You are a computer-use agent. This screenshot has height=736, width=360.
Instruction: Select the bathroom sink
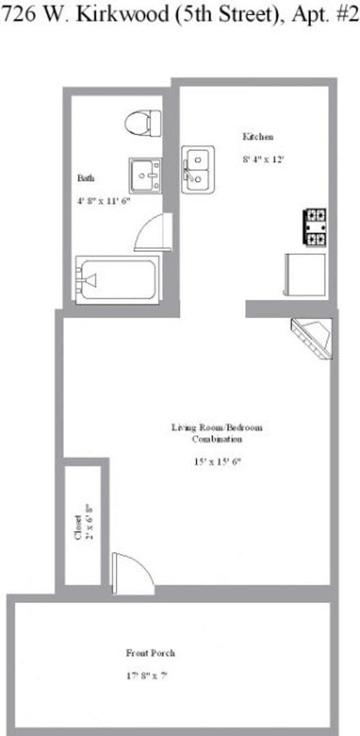145,175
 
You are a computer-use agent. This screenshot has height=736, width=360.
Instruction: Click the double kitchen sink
197,170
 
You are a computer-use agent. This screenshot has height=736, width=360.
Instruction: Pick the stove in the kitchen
315,228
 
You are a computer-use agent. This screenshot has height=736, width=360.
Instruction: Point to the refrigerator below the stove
305,274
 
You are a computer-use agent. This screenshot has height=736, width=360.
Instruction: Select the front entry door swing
131,571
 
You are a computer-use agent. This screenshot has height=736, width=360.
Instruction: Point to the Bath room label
86,178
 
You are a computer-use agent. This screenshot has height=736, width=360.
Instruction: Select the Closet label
78,527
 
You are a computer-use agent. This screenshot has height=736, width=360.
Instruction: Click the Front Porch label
150,653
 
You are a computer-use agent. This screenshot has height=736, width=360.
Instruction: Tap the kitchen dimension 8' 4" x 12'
262,160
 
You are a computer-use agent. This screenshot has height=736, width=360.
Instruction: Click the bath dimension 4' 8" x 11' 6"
103,201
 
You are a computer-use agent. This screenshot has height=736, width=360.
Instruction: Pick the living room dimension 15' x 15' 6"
217,461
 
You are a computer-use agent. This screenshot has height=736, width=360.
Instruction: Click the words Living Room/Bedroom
216,427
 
